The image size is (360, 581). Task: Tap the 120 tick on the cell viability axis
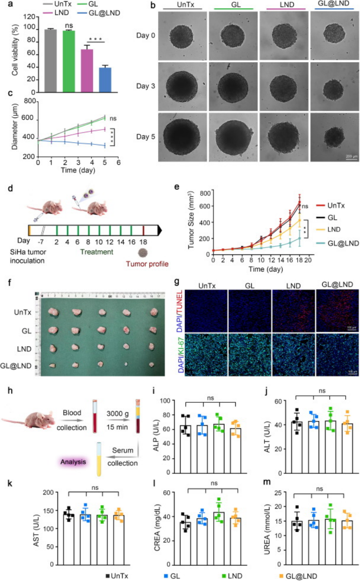[x=29, y=17]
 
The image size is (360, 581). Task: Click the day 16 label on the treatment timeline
[x=132, y=240]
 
